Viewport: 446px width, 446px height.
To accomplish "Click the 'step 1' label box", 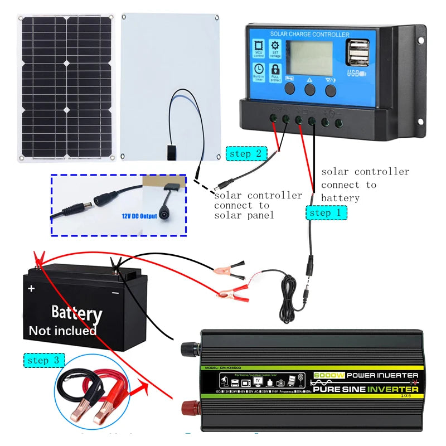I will [x=326, y=212].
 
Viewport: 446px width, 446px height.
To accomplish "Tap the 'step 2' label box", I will [x=245, y=154].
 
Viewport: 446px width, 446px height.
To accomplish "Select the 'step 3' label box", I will [x=43, y=360].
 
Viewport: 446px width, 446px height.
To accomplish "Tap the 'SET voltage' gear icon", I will [x=275, y=49].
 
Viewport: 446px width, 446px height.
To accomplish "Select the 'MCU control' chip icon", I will [x=259, y=49].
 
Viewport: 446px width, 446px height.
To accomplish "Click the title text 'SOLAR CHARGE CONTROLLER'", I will [x=310, y=34].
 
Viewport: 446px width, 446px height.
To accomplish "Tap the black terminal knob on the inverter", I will [x=190, y=350].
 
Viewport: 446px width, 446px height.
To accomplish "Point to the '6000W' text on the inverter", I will [x=329, y=376].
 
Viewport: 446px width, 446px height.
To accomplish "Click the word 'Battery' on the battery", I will [x=76, y=313].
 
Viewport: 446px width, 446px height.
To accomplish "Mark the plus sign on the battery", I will [x=31, y=289].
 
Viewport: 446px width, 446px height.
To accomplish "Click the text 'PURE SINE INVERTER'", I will [x=365, y=389].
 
